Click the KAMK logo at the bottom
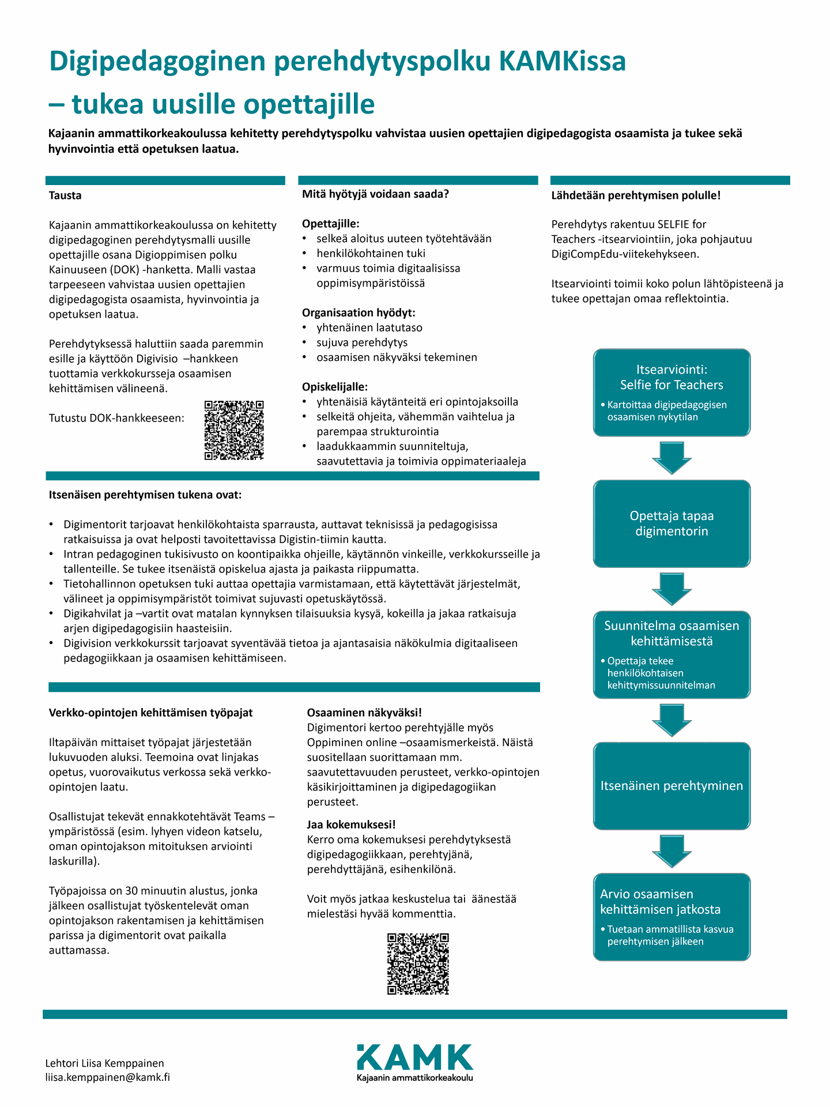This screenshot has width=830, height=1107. point(414,1062)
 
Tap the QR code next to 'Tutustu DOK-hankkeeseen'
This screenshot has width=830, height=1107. point(234,430)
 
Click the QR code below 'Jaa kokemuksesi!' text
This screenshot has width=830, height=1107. point(418,964)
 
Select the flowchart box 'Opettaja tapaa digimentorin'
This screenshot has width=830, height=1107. point(671,524)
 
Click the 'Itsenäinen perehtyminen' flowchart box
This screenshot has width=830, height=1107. point(671,786)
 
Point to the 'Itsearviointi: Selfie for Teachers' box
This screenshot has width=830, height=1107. point(671,392)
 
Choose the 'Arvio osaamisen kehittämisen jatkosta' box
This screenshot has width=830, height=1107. point(671,917)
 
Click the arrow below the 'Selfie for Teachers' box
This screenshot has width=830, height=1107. point(671,458)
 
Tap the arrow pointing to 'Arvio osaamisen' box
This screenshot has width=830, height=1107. point(671,851)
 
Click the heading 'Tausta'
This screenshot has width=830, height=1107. point(65,195)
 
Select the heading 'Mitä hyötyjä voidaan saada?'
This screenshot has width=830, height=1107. point(375,194)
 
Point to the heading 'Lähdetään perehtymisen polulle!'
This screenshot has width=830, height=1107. point(636,195)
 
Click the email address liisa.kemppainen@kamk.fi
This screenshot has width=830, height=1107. point(108,1077)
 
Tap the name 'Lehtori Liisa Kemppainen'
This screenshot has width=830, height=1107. point(105,1063)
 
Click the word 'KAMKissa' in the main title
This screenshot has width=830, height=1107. point(562,61)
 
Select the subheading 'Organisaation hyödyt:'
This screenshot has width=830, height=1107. point(359,312)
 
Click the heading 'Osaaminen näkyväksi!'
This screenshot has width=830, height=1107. point(364,713)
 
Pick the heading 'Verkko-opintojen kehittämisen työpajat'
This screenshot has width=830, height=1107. point(151,713)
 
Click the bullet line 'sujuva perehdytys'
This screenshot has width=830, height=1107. point(362,342)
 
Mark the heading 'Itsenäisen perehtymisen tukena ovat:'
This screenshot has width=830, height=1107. point(145,495)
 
